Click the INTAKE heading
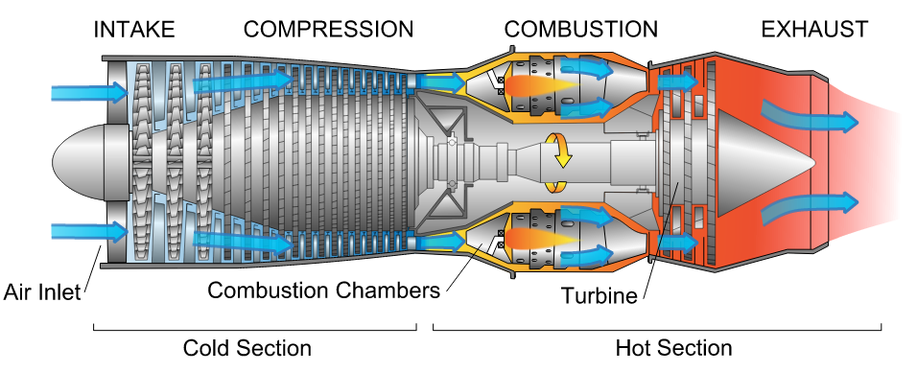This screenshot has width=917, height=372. [x=134, y=30]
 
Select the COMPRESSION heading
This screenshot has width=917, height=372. [x=329, y=30]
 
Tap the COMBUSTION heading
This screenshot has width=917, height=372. [x=581, y=30]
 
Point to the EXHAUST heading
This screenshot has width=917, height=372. [x=814, y=30]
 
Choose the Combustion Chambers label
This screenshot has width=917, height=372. [x=324, y=290]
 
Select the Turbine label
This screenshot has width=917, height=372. [x=600, y=296]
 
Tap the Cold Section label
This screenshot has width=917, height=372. [x=247, y=347]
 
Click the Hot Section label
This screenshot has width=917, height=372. [x=673, y=347]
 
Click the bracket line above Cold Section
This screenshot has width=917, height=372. [x=254, y=330]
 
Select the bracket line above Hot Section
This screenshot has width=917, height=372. [x=657, y=330]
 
